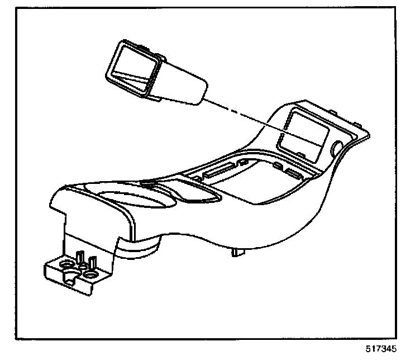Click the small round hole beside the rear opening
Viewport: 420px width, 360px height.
pyautogui.click(x=337, y=148)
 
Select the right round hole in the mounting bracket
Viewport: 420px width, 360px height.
pyautogui.click(x=90, y=274)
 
